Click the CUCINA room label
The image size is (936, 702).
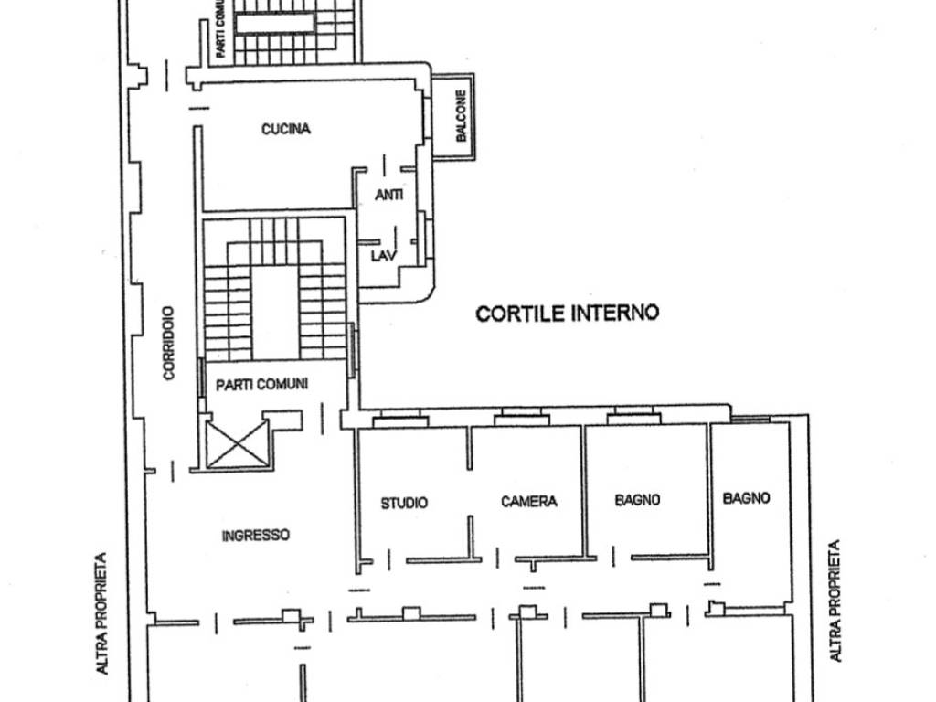click(x=286, y=128)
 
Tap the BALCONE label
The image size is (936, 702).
click(x=461, y=116)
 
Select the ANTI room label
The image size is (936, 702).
click(x=388, y=195)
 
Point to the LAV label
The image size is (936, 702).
click(x=384, y=256)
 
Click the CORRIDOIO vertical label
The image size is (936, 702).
click(x=169, y=344)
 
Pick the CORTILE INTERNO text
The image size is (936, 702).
click(x=567, y=313)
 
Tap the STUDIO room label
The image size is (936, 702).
click(x=404, y=503)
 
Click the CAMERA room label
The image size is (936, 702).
click(x=529, y=502)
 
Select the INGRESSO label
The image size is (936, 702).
click(x=256, y=536)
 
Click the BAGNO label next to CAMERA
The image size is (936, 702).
click(x=637, y=500)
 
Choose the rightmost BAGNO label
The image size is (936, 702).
click(x=746, y=498)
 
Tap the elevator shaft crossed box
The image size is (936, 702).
click(x=237, y=444)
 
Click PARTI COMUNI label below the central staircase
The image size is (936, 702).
click(x=262, y=385)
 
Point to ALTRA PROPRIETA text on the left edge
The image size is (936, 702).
click(x=101, y=613)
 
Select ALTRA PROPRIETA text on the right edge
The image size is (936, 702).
click(x=835, y=601)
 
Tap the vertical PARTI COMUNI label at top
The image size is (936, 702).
click(x=221, y=28)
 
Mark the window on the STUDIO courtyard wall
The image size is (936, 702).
click(x=400, y=418)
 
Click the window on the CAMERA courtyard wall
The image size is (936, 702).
click(x=522, y=417)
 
